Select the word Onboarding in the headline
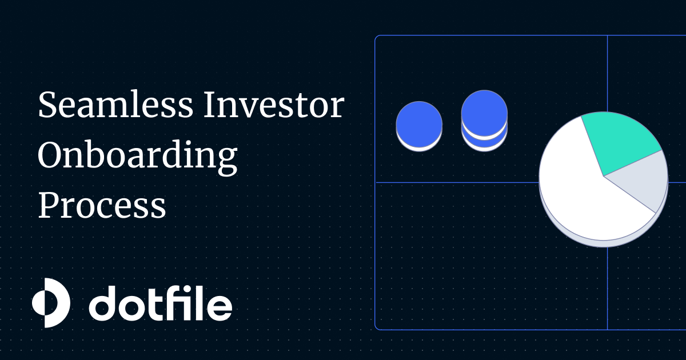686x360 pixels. (x=137, y=155)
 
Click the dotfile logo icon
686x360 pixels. (x=50, y=303)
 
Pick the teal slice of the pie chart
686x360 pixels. (x=620, y=140)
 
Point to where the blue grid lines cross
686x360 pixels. (x=607, y=182)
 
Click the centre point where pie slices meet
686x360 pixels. (x=604, y=176)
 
